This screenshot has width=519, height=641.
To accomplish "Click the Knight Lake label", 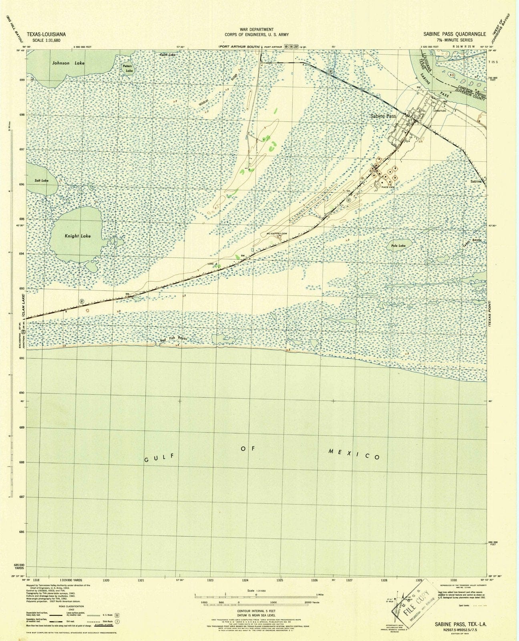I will [78, 236].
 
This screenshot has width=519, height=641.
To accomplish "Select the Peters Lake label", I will [127, 69].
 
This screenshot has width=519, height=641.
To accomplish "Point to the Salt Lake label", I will [41, 181].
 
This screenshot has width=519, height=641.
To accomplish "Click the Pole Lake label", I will [398, 246].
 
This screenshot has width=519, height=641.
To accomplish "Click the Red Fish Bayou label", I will [174, 339].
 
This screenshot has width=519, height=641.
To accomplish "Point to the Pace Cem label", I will [388, 187].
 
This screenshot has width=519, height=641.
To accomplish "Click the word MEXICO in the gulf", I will [354, 454].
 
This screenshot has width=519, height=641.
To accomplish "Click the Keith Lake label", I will [167, 54].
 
